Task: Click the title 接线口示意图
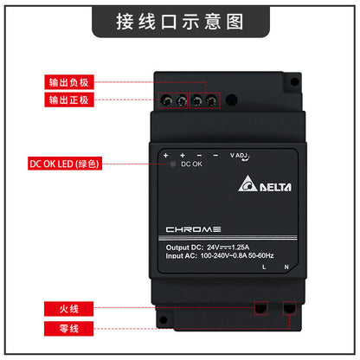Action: coord(179,22)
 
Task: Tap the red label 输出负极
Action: coord(66,84)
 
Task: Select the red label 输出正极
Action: coord(66,101)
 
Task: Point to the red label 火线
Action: coord(66,309)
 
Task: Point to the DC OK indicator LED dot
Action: coord(173,164)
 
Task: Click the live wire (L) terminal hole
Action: coord(260,307)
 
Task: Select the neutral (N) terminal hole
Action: coord(289,307)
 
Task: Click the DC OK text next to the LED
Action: coord(192,164)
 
